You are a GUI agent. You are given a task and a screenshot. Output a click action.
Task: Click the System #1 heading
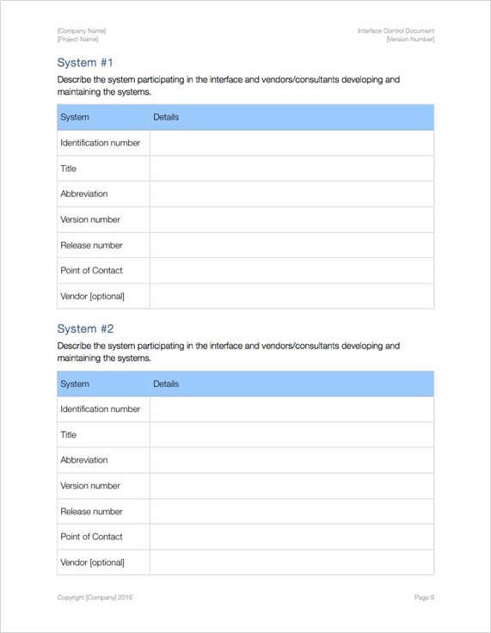coord(85,63)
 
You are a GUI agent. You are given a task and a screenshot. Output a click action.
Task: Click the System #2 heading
coord(85,329)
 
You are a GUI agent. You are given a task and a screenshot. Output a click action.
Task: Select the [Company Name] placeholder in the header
coord(82,31)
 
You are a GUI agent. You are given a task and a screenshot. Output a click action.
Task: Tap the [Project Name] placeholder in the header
coord(78,40)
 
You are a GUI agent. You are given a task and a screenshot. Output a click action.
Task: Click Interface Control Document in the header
coord(396,31)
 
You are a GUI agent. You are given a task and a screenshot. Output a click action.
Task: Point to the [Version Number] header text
coord(410,40)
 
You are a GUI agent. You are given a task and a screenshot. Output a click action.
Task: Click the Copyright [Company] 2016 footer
coord(95,597)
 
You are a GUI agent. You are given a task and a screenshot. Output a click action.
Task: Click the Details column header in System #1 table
coord(166,117)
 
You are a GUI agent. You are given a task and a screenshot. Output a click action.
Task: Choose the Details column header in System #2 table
coord(166,384)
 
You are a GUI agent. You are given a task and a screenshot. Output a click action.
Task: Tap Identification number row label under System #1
coord(100,143)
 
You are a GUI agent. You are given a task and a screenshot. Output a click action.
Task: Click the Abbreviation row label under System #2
coord(84,460)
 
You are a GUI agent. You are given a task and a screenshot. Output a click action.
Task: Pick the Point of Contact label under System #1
coord(91,270)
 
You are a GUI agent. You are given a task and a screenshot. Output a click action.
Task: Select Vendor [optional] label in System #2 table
coord(92,562)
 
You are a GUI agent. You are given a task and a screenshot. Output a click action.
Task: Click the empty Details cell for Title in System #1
coord(292,169)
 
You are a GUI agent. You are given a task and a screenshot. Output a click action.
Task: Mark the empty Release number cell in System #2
coord(292,511)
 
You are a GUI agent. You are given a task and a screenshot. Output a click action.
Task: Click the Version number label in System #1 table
coord(90,219)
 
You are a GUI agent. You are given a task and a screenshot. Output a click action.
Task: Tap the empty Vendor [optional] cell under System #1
coord(292,296)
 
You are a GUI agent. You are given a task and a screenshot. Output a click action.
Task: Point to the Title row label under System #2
coord(69,434)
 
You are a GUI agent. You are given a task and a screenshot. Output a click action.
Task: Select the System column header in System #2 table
coord(75,384)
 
